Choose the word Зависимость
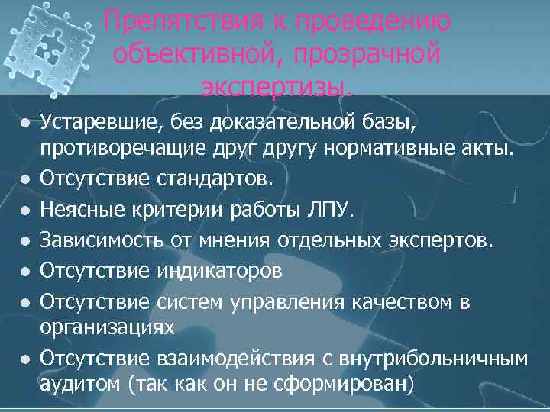(99, 241)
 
